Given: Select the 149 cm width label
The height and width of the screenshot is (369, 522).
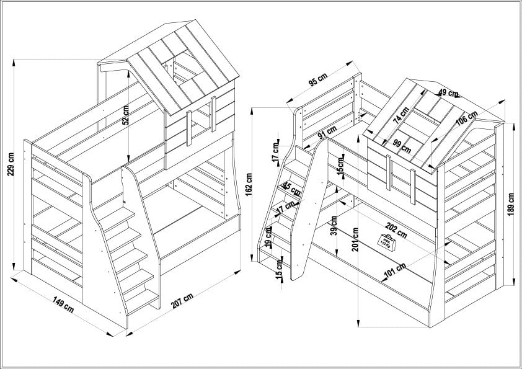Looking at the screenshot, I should (x=63, y=305).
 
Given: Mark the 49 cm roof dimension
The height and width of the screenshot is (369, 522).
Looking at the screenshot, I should (x=448, y=93).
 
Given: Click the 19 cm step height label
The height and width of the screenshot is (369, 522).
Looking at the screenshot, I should (x=269, y=237).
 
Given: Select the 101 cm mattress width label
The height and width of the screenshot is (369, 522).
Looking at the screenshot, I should (x=394, y=269).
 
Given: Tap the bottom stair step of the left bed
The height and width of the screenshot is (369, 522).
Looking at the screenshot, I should (x=141, y=303).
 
